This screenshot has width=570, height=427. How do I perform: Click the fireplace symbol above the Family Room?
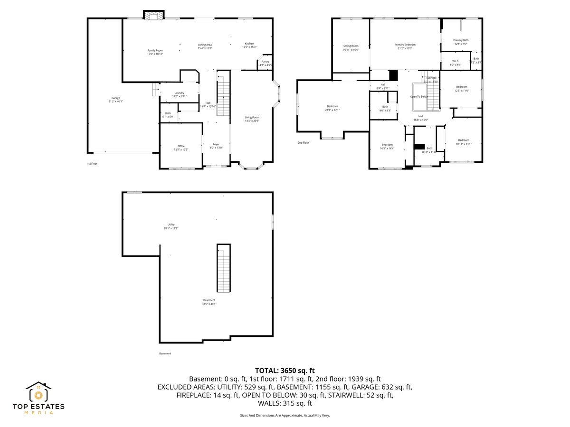point(153,16)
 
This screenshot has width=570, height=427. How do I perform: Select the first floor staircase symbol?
point(223,99)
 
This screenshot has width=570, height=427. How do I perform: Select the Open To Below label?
point(419,96)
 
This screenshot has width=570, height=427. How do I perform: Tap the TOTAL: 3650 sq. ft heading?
point(285,371)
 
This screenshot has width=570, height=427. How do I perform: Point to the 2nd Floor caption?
point(303,142)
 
